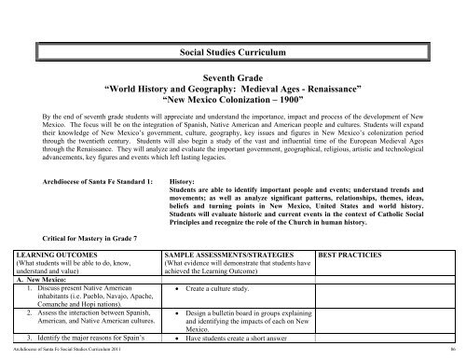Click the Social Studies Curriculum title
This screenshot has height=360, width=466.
click(232, 46)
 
